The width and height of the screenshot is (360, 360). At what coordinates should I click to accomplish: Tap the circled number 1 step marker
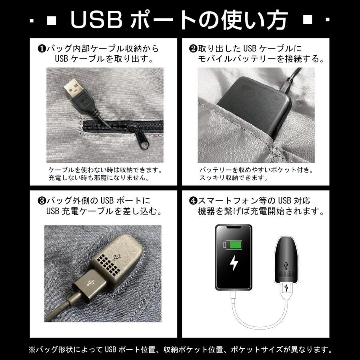pyautogui.click(x=40, y=49)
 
